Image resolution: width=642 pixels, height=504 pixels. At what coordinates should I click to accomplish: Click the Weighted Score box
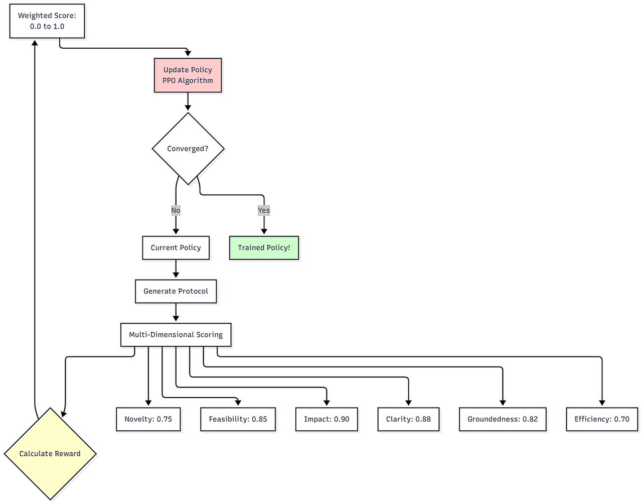[47, 21]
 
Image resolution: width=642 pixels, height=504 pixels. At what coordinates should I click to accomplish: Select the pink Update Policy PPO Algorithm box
[188, 75]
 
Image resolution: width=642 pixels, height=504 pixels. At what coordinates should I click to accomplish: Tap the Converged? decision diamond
[188, 149]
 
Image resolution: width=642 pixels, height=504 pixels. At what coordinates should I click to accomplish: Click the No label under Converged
[176, 210]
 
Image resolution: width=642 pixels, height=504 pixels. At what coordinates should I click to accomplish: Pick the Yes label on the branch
[264, 210]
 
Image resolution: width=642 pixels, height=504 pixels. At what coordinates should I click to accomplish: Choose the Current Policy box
[176, 247]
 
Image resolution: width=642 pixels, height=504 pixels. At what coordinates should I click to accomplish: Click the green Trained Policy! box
[264, 247]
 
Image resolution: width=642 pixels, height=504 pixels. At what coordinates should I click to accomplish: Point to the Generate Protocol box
[176, 291]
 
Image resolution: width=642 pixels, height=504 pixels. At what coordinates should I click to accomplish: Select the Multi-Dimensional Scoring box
[176, 335]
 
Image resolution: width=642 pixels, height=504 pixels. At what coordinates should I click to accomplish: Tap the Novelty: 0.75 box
[148, 419]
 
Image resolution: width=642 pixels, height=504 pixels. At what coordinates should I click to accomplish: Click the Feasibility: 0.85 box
[238, 419]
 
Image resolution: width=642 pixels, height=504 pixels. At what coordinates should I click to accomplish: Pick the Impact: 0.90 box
[327, 419]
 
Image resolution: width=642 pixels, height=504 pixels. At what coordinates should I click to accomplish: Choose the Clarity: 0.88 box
[408, 419]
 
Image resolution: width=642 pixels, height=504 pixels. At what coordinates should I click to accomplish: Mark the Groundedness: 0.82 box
[503, 419]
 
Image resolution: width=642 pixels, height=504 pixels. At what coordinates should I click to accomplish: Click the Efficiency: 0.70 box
[602, 419]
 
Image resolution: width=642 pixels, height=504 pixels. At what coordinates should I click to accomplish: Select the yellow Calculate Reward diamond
[50, 454]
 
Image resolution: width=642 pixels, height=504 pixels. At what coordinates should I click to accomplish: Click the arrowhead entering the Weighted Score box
[35, 43]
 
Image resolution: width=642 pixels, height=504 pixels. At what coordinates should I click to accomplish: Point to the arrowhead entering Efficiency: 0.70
[602, 403]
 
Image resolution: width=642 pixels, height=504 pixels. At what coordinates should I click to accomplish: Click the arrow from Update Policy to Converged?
[188, 101]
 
